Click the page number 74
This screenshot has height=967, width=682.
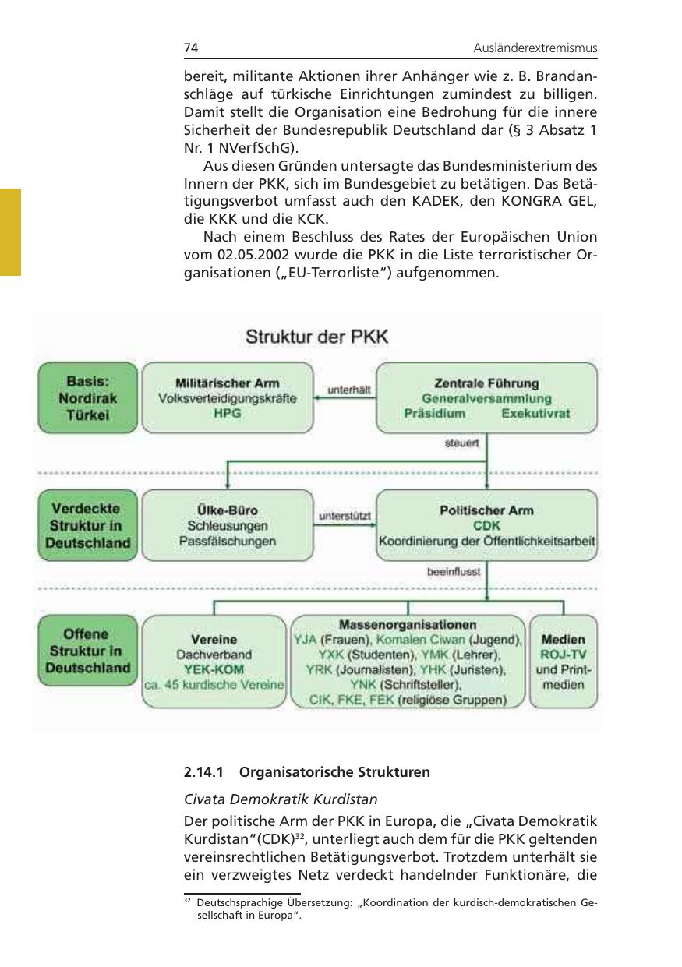click(191, 48)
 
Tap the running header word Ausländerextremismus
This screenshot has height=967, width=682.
click(535, 48)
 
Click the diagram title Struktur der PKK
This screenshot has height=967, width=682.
click(316, 337)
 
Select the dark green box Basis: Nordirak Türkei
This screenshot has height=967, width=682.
click(88, 398)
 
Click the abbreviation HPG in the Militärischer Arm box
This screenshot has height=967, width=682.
click(228, 414)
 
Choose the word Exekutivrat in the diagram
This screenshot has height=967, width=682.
click(535, 414)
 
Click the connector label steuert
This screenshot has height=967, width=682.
click(461, 443)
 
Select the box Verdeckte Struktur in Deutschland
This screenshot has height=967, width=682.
click(88, 524)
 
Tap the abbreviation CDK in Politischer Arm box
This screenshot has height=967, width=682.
click(487, 526)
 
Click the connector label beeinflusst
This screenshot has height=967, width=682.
click(454, 571)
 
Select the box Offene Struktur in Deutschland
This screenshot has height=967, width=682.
click(88, 651)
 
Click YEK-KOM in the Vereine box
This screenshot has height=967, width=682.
click(214, 669)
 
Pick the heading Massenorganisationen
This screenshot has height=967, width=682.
click(408, 625)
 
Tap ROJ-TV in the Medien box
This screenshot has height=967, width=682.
click(563, 655)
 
